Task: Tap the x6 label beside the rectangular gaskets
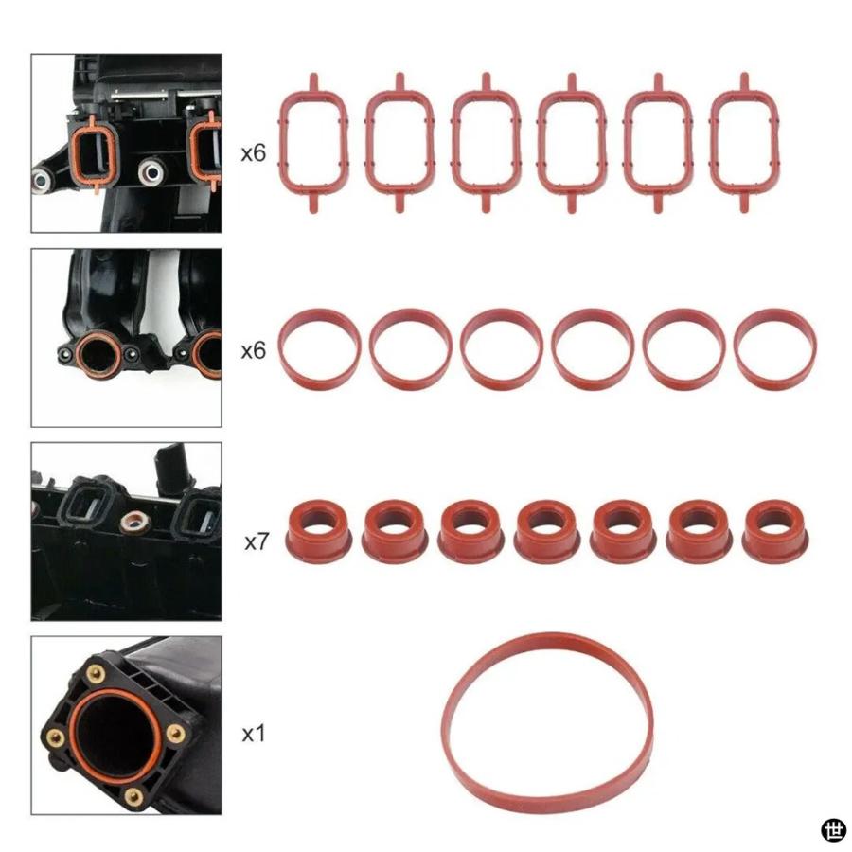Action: click(x=253, y=151)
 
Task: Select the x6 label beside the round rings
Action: click(x=253, y=350)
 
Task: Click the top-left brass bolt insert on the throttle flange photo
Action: click(x=95, y=674)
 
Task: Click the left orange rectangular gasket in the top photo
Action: click(x=94, y=151)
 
